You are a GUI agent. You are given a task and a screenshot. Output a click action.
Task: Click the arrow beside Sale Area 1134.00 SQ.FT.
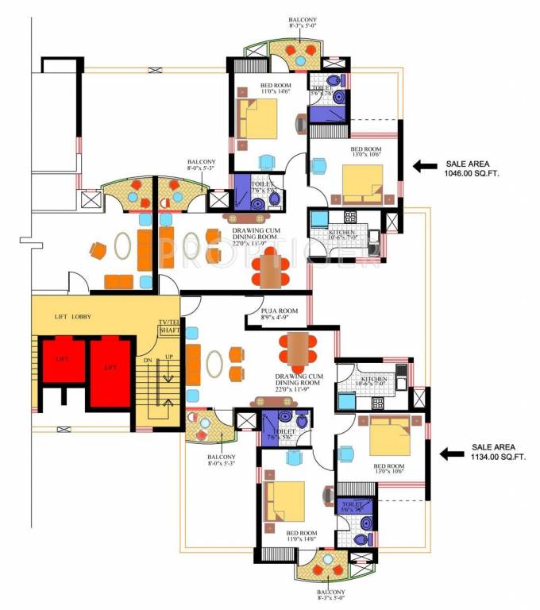point(453,454)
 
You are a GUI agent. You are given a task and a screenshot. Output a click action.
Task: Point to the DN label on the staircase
point(148,360)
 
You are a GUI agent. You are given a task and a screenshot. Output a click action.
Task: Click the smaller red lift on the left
point(62,361)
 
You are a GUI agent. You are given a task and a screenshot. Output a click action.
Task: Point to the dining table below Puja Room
point(298,347)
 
